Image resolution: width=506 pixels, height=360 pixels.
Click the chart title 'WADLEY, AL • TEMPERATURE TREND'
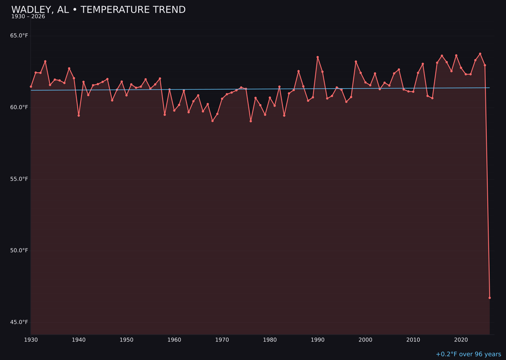98,10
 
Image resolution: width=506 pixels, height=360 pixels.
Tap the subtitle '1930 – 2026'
28,17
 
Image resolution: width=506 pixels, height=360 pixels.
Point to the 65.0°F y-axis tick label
19,36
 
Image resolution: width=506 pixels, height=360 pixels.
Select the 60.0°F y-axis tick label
19,107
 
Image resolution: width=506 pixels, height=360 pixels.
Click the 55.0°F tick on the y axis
19,179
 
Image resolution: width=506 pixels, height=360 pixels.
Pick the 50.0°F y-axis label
19,250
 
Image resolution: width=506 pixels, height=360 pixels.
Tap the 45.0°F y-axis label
19,322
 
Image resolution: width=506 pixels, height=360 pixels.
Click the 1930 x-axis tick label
31,340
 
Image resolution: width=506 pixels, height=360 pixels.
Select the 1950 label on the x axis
126,340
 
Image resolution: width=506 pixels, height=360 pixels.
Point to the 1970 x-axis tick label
222,340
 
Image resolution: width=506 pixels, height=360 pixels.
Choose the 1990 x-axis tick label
318,340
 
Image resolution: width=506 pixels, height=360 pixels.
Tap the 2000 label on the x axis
365,340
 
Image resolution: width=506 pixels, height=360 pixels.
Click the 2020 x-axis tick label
461,340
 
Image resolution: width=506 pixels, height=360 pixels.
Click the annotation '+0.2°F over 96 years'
469,354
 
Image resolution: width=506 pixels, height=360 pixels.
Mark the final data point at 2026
490,298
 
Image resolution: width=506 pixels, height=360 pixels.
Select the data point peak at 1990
318,57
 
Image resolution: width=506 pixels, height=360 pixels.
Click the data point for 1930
31,87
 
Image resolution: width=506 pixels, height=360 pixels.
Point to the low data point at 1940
79,115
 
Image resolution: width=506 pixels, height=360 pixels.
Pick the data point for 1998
356,61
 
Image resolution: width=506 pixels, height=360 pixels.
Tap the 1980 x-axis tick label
270,340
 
